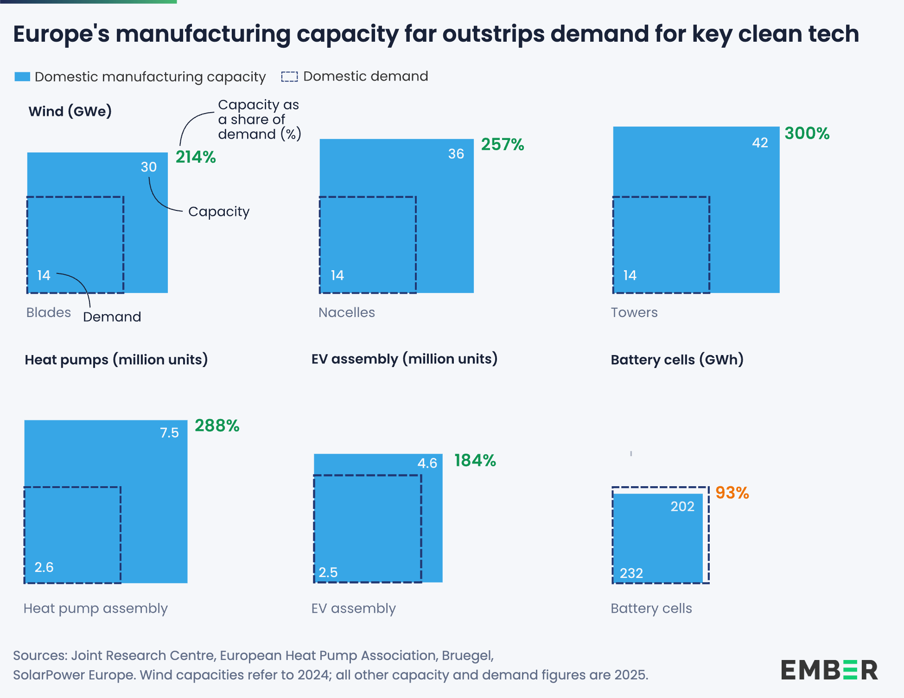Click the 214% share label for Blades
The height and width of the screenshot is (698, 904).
(196, 157)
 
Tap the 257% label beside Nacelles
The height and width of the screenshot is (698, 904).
(503, 145)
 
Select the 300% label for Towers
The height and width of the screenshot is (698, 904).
(807, 133)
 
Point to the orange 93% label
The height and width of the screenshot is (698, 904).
(732, 493)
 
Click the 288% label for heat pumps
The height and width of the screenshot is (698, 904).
(217, 425)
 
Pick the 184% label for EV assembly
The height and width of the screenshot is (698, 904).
(475, 460)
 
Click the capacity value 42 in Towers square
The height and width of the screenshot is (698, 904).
(760, 143)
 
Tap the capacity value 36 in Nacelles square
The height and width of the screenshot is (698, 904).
(456, 154)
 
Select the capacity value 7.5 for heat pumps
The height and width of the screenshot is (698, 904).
(169, 433)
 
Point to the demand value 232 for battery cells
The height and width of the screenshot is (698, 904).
(631, 573)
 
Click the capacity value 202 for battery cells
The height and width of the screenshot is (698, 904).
(682, 507)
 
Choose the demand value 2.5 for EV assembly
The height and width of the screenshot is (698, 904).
(328, 572)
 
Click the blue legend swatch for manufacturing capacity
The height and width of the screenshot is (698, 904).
(22, 76)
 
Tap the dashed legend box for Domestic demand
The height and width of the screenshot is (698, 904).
(289, 76)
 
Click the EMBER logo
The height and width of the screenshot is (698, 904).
(829, 670)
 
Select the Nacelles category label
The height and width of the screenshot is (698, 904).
(347, 312)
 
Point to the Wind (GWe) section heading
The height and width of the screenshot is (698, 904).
(70, 111)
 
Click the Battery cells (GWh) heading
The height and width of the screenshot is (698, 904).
(677, 360)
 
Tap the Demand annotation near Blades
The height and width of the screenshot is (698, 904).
(112, 317)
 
